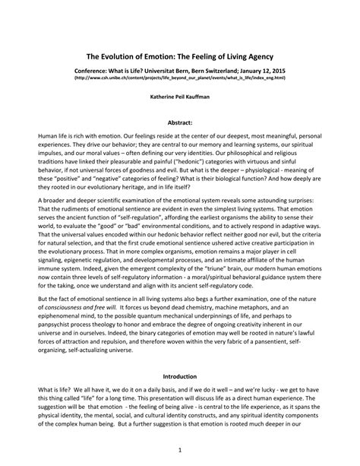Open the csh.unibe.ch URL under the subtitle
tap(180, 78)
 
